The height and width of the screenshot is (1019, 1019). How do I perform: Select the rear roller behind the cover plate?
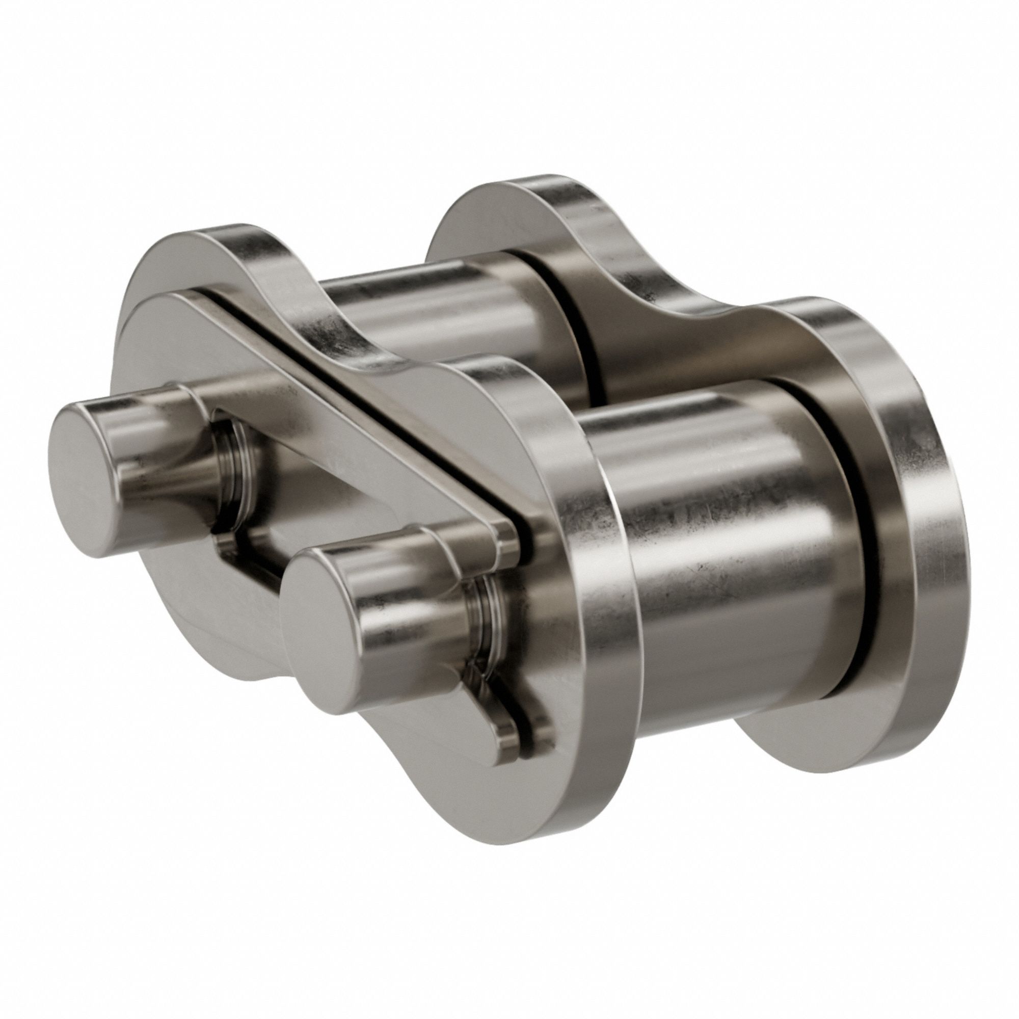pyautogui.click(x=438, y=316)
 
